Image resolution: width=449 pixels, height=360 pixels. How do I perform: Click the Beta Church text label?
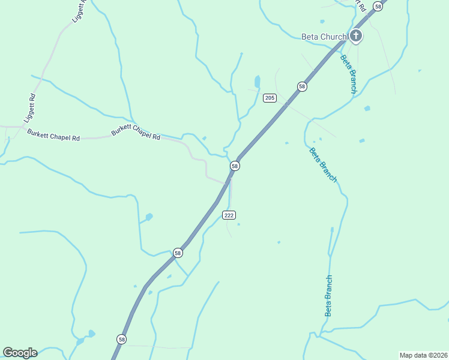click(324, 37)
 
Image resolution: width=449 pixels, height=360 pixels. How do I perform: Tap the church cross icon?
click(356, 36)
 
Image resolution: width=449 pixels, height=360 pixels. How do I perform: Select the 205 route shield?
click(270, 98)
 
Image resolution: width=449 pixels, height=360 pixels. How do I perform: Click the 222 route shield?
click(229, 215)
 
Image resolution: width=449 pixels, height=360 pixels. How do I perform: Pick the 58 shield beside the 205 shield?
click(302, 86)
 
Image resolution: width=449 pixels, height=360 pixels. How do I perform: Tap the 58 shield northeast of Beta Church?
click(378, 6)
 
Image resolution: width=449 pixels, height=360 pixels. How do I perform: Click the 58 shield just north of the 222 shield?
click(235, 166)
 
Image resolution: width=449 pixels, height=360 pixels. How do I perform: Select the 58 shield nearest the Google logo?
click(122, 339)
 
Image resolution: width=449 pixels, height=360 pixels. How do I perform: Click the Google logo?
click(20, 352)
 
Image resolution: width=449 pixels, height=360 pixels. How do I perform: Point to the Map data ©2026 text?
click(423, 355)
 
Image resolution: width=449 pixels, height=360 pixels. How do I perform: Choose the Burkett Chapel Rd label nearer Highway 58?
click(136, 134)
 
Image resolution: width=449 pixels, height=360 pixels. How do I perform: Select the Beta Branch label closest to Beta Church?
click(349, 74)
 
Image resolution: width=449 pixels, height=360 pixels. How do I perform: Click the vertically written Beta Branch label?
click(328, 296)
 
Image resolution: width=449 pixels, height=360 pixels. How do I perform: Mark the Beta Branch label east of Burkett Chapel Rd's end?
click(323, 164)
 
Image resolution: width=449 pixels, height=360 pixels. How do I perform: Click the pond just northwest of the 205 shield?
click(258, 81)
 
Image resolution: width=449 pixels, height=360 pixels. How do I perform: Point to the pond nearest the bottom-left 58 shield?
click(91, 333)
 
